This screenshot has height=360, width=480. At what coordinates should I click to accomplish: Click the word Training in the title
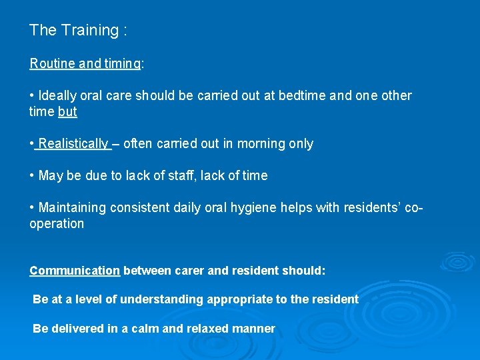pos(89,30)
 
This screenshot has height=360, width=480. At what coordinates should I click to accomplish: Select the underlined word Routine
pos(53,64)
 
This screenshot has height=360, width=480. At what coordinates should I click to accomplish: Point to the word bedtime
pos(309,96)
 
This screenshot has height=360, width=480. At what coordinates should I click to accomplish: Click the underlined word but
pos(67,112)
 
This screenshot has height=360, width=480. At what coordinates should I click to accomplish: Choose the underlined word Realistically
pos(73,144)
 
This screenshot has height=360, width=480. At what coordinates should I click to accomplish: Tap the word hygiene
pos(288,208)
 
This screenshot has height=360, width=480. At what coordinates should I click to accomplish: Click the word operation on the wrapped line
pos(57,224)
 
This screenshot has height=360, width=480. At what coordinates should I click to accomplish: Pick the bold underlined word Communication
pos(75,271)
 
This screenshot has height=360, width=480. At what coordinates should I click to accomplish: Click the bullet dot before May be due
pos(32,176)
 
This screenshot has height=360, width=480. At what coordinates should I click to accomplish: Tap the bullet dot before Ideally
pos(32,96)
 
